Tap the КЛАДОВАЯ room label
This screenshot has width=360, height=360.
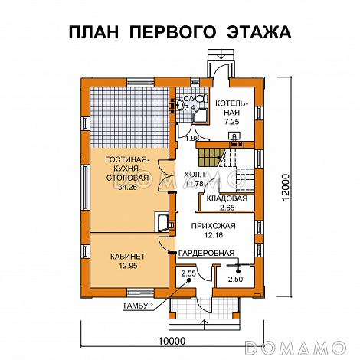click(227, 199)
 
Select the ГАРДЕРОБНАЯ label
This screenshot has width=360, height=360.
click(207, 253)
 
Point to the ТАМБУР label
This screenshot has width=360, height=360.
click(138, 306)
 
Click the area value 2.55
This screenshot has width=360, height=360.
click(188, 273)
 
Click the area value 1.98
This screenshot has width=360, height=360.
click(193, 138)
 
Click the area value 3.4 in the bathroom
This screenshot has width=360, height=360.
click(191, 107)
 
